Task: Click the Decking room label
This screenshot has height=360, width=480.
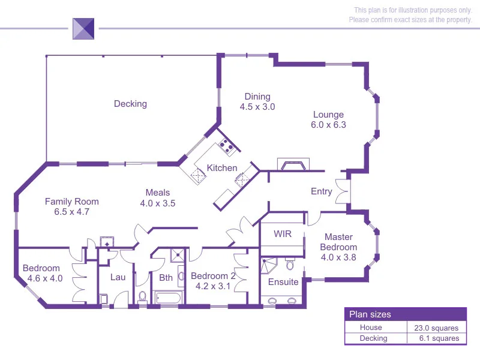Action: click(130, 104)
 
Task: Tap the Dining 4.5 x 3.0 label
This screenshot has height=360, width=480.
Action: click(257, 101)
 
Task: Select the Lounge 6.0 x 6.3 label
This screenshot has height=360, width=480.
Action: click(328, 119)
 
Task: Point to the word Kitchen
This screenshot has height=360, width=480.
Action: click(222, 167)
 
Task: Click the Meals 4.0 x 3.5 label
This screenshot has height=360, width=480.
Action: click(157, 197)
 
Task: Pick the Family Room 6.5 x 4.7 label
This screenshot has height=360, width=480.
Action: click(71, 206)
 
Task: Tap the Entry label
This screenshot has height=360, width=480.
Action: click(321, 191)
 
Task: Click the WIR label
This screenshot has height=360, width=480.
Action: click(283, 233)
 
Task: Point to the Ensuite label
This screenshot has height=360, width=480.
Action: click(283, 281)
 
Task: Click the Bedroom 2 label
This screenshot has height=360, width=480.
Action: click(213, 281)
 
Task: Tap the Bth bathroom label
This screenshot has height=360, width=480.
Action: click(166, 277)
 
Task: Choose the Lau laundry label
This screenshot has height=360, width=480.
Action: click(117, 277)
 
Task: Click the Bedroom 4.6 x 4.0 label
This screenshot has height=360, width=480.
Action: click(41, 273)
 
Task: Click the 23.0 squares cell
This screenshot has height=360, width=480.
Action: click(436, 328)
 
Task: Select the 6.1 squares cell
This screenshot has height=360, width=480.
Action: click(436, 338)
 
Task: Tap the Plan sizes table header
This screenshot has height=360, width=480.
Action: click(370, 314)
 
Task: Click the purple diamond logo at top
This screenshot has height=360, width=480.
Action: click(83, 28)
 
